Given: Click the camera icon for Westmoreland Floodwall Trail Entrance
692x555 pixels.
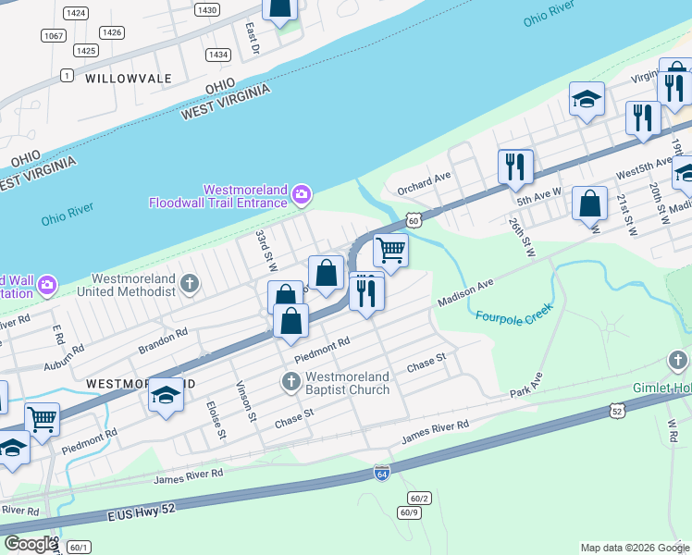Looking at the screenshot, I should tap(301, 194).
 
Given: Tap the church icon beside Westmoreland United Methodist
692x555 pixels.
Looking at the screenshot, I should tap(190, 283).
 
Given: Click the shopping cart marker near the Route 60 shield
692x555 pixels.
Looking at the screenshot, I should tap(390, 250).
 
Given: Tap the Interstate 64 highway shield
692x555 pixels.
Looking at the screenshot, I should tap(381, 474).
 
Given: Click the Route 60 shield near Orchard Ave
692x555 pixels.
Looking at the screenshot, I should tap(414, 220).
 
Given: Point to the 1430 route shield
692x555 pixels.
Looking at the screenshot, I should tap(207, 9).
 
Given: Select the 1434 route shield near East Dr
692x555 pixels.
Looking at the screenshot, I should tap(218, 55).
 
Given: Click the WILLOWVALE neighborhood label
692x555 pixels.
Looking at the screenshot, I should tap(130, 80).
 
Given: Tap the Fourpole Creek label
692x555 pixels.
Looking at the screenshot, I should tap(513, 310).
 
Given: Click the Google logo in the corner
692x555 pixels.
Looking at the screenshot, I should tap(31, 544).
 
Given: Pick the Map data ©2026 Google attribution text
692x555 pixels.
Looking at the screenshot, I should tap(634, 548).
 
